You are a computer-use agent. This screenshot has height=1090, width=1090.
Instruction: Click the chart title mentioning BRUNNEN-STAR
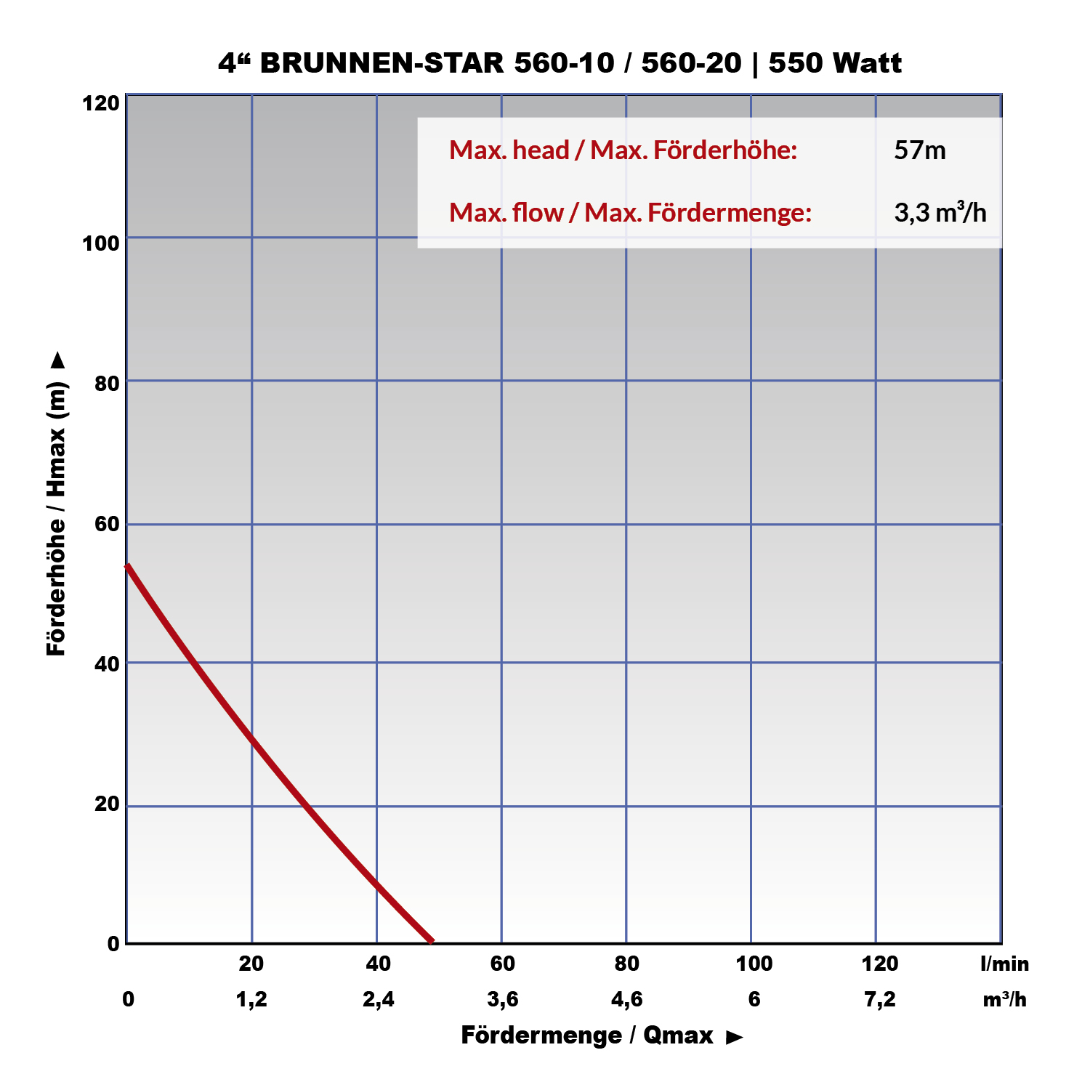click(560, 63)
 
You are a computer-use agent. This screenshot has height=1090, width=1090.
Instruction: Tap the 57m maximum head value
click(920, 150)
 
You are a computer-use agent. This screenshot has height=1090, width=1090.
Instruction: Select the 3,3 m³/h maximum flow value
click(940, 213)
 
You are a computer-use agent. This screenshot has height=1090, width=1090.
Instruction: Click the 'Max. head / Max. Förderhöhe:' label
click(623, 150)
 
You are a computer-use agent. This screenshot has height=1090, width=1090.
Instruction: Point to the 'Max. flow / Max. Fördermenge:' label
click(630, 213)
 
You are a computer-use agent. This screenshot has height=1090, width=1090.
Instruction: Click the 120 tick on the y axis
click(101, 103)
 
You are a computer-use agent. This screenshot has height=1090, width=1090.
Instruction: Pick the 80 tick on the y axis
click(107, 382)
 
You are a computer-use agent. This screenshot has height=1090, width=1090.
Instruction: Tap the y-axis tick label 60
click(107, 524)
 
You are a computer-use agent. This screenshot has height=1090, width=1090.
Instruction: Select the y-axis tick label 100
click(101, 243)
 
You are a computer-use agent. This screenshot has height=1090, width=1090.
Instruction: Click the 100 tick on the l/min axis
click(754, 964)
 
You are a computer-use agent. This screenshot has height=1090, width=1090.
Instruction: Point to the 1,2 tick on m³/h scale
click(251, 1000)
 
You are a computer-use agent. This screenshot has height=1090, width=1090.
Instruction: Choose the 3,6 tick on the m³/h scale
click(502, 1000)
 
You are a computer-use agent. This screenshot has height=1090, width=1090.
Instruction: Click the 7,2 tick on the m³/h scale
click(879, 1000)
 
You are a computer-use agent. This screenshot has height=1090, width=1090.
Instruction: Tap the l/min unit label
click(1004, 964)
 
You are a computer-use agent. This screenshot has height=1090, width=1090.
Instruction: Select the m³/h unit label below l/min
click(1004, 1000)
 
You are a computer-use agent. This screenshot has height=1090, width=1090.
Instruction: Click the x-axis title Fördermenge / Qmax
click(587, 1035)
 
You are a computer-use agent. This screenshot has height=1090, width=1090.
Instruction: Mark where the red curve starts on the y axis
click(128, 565)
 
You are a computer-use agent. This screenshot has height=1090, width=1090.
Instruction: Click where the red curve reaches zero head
click(432, 942)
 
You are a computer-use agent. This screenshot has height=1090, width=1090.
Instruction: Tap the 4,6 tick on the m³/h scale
click(626, 1000)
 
